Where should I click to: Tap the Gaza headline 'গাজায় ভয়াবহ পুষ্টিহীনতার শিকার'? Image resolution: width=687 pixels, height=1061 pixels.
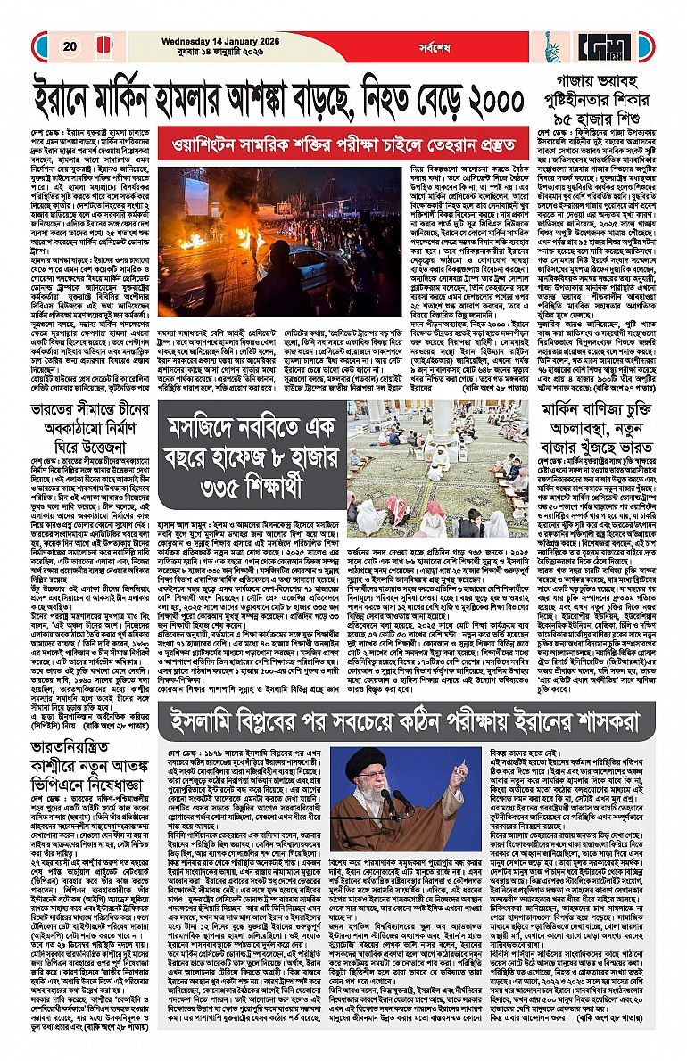pyautogui.click(x=601, y=91)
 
